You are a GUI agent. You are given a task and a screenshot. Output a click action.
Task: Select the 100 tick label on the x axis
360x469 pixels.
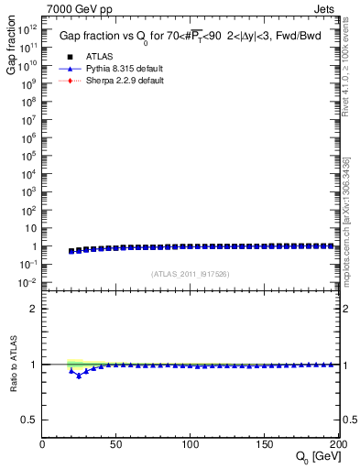coord(190,444)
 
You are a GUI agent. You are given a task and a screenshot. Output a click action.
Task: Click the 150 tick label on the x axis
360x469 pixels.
coord(264,444)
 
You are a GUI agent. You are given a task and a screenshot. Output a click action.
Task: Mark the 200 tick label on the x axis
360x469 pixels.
coord(335,444)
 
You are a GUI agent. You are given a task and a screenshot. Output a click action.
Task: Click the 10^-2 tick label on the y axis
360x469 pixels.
coord(27,282)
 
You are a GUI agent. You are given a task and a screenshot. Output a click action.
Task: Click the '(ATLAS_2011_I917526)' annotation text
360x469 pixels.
coord(190,274)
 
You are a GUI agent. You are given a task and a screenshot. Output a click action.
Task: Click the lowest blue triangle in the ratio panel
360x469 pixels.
coord(79,376)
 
